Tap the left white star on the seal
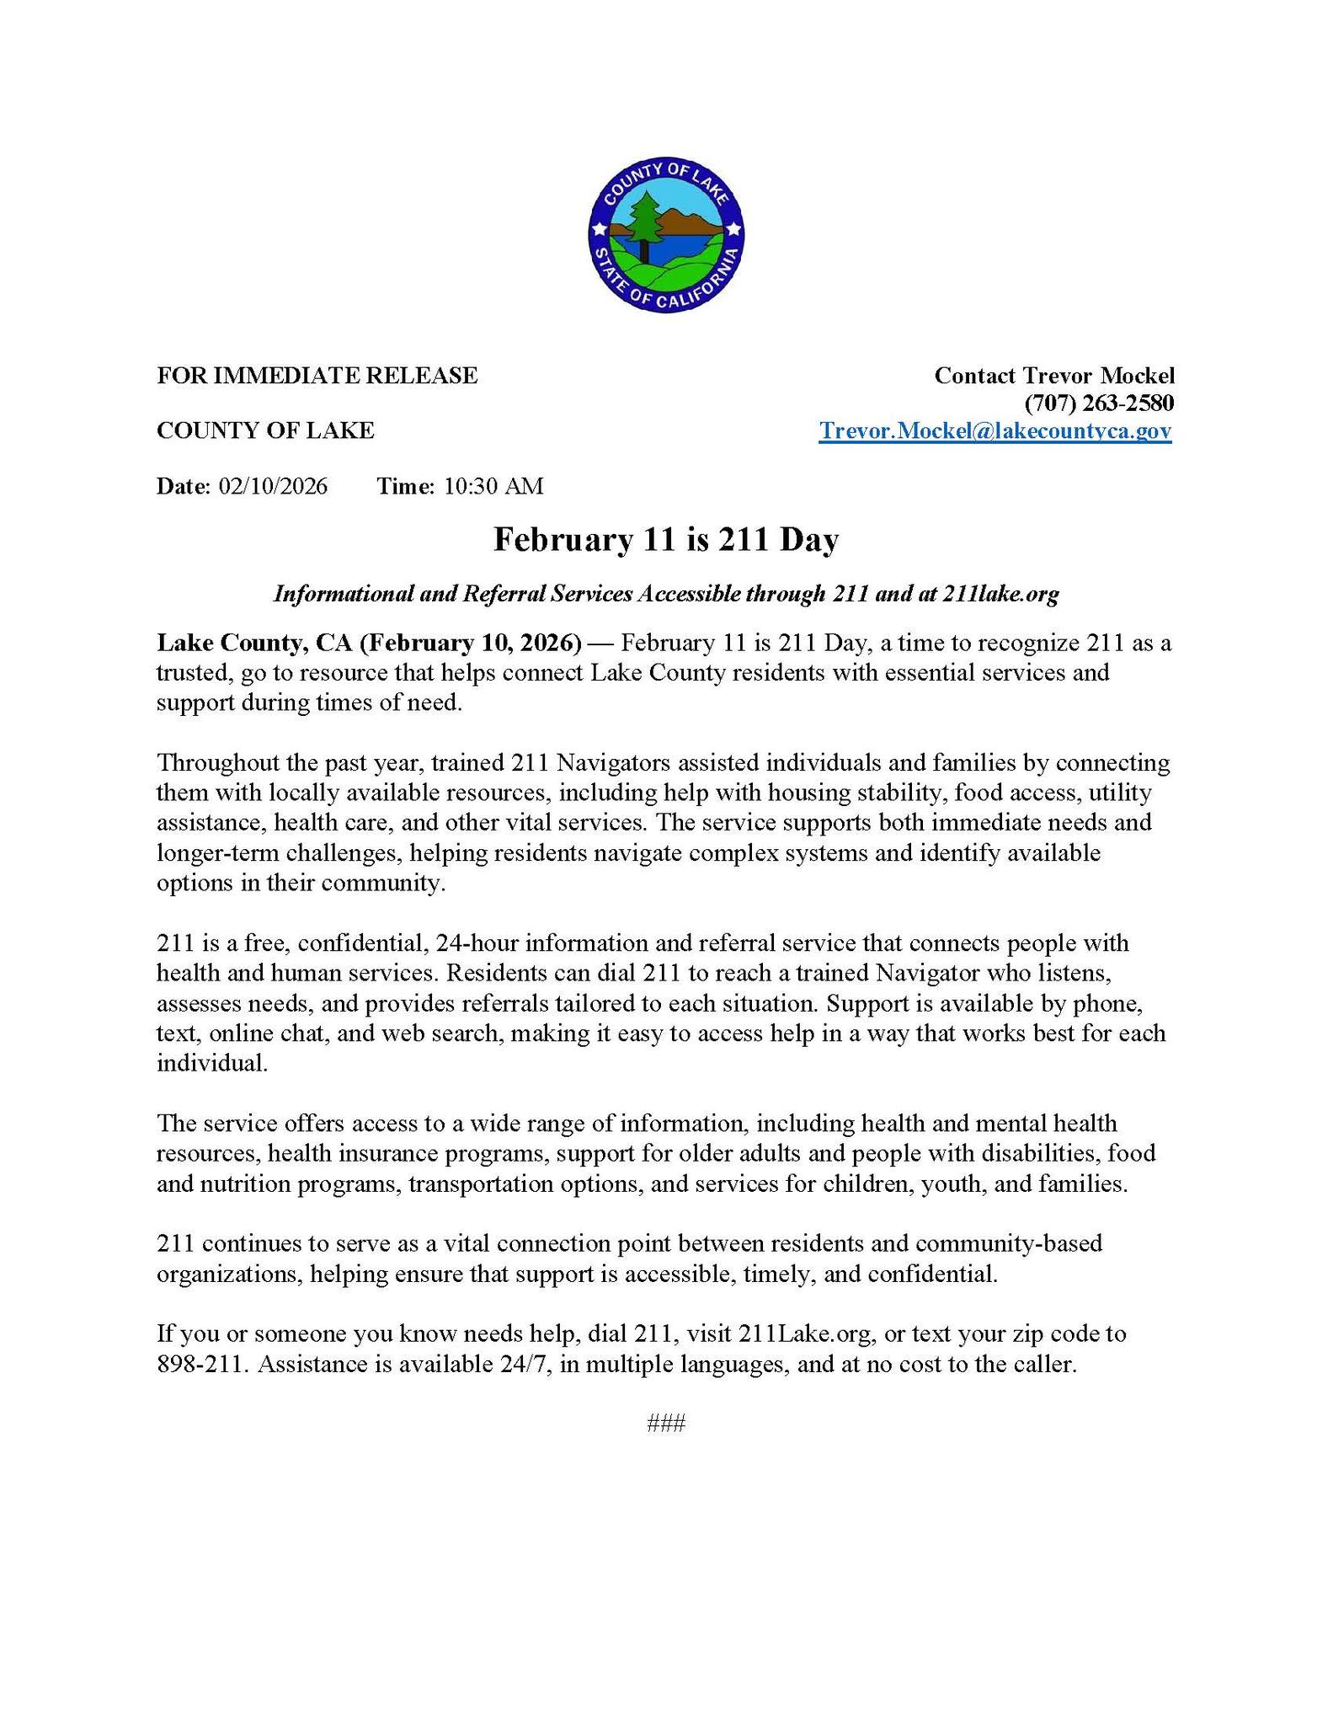(599, 228)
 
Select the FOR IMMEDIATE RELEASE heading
(317, 375)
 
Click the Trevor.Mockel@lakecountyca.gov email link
(995, 431)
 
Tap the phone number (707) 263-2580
(1099, 403)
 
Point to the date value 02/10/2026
(273, 486)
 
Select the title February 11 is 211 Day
(666, 540)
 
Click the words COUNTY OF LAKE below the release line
(265, 430)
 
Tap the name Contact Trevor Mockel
(1054, 376)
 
